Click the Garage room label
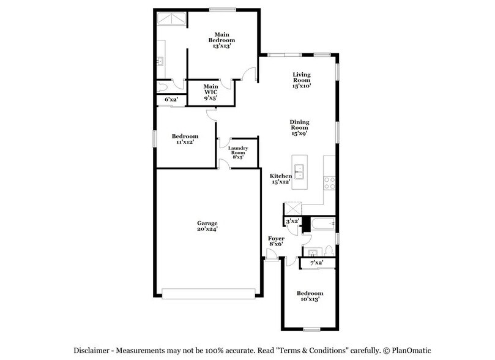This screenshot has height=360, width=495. click(x=207, y=223)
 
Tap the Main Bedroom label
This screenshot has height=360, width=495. click(x=221, y=38)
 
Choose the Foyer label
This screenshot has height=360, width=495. click(x=276, y=238)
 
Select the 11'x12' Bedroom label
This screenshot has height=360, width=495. click(x=184, y=136)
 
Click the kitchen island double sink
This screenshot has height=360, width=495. click(x=300, y=171)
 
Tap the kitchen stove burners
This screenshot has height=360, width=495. click(x=329, y=182)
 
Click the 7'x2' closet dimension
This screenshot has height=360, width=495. click(x=316, y=263)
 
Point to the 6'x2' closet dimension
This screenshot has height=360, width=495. click(x=171, y=99)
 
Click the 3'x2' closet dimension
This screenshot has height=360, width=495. click(x=292, y=220)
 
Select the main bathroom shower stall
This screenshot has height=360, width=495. click(x=171, y=21)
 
